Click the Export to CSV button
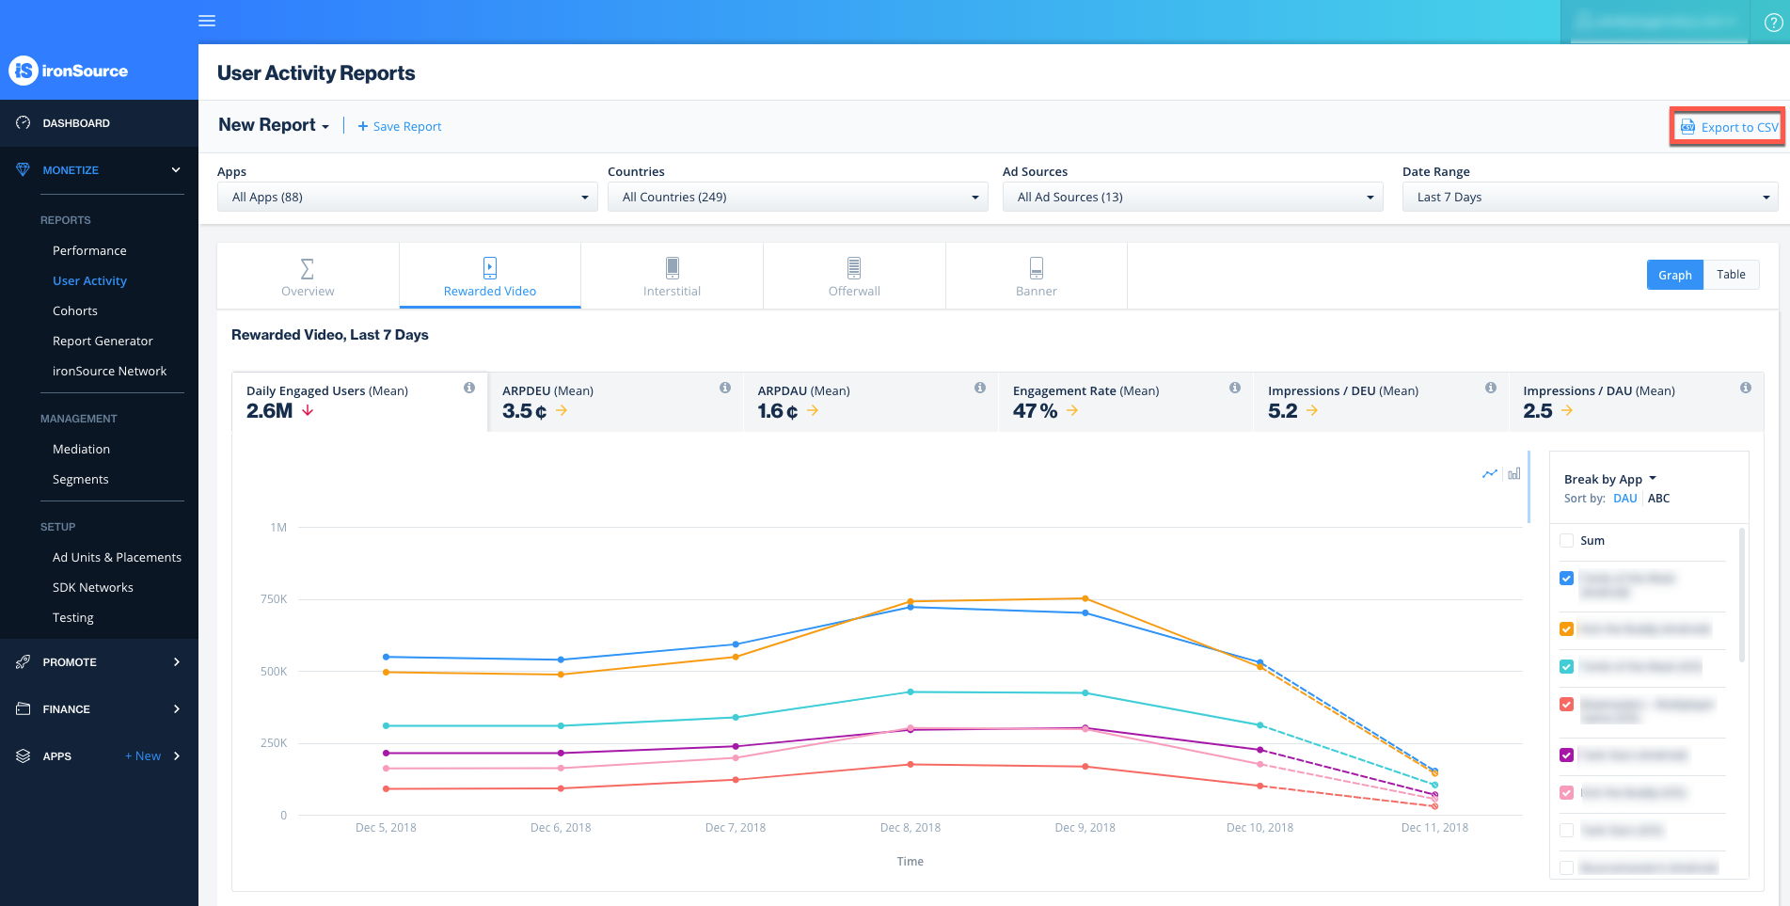1729,127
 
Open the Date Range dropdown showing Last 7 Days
1589,197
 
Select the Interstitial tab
672,277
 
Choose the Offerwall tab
854,277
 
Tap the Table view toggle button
1730,275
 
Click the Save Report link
400,126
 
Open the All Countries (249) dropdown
797,197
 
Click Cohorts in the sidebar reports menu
75,310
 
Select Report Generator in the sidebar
103,341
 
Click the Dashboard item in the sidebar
76,123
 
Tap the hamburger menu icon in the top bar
207,21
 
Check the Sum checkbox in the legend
1566,540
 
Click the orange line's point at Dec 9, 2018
1085,598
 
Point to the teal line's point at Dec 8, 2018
911,692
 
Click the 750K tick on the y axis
274,599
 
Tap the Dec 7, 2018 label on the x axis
735,828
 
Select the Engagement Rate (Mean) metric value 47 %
1035,411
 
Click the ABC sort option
1658,499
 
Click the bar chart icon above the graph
1514,473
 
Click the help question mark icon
1772,23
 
